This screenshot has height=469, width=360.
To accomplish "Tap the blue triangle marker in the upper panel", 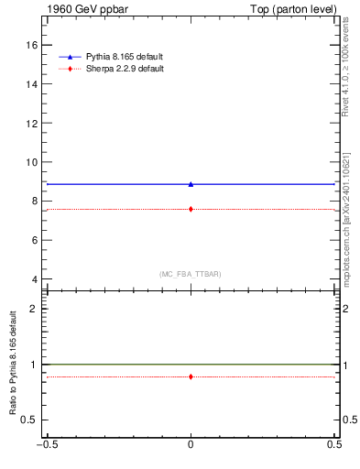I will [x=191, y=184].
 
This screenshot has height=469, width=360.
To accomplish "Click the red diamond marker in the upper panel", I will [x=191, y=209].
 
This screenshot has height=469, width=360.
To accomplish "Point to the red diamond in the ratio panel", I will [x=191, y=376].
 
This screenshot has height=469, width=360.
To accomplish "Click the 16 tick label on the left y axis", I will [x=33, y=45].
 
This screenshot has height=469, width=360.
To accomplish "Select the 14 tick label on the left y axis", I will [x=33, y=84].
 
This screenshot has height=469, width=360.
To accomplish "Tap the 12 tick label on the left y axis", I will [x=33, y=123].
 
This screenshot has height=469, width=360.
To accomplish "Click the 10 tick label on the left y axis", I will [x=33, y=162].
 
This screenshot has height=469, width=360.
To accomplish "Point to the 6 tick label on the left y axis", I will [x=36, y=240].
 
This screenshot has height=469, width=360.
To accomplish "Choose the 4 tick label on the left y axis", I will [x=36, y=279].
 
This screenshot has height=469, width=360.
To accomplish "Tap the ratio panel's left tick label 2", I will [x=36, y=309].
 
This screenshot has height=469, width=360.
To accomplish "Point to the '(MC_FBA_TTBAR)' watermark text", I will [x=191, y=274].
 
